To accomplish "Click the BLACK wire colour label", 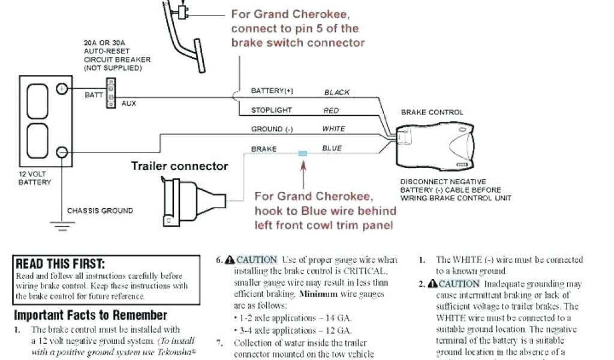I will (x=336, y=93).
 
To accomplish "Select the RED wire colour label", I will (x=331, y=111).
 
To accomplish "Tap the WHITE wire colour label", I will (x=333, y=129).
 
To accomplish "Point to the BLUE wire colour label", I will (x=332, y=149).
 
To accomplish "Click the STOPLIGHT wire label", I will (x=271, y=110).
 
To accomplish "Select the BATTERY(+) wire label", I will (x=272, y=91).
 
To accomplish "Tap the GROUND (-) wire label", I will (x=272, y=129).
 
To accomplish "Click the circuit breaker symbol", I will (x=110, y=93).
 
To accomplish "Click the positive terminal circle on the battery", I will (x=61, y=89).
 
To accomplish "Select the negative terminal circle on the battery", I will (x=61, y=152).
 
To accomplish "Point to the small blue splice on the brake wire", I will (x=303, y=154).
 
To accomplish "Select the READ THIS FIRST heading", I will (x=60, y=264).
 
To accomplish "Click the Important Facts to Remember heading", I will (x=91, y=315).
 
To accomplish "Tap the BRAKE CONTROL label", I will (x=432, y=112).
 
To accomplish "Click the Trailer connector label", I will (x=180, y=166).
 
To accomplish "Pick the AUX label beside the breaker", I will (x=129, y=104).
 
